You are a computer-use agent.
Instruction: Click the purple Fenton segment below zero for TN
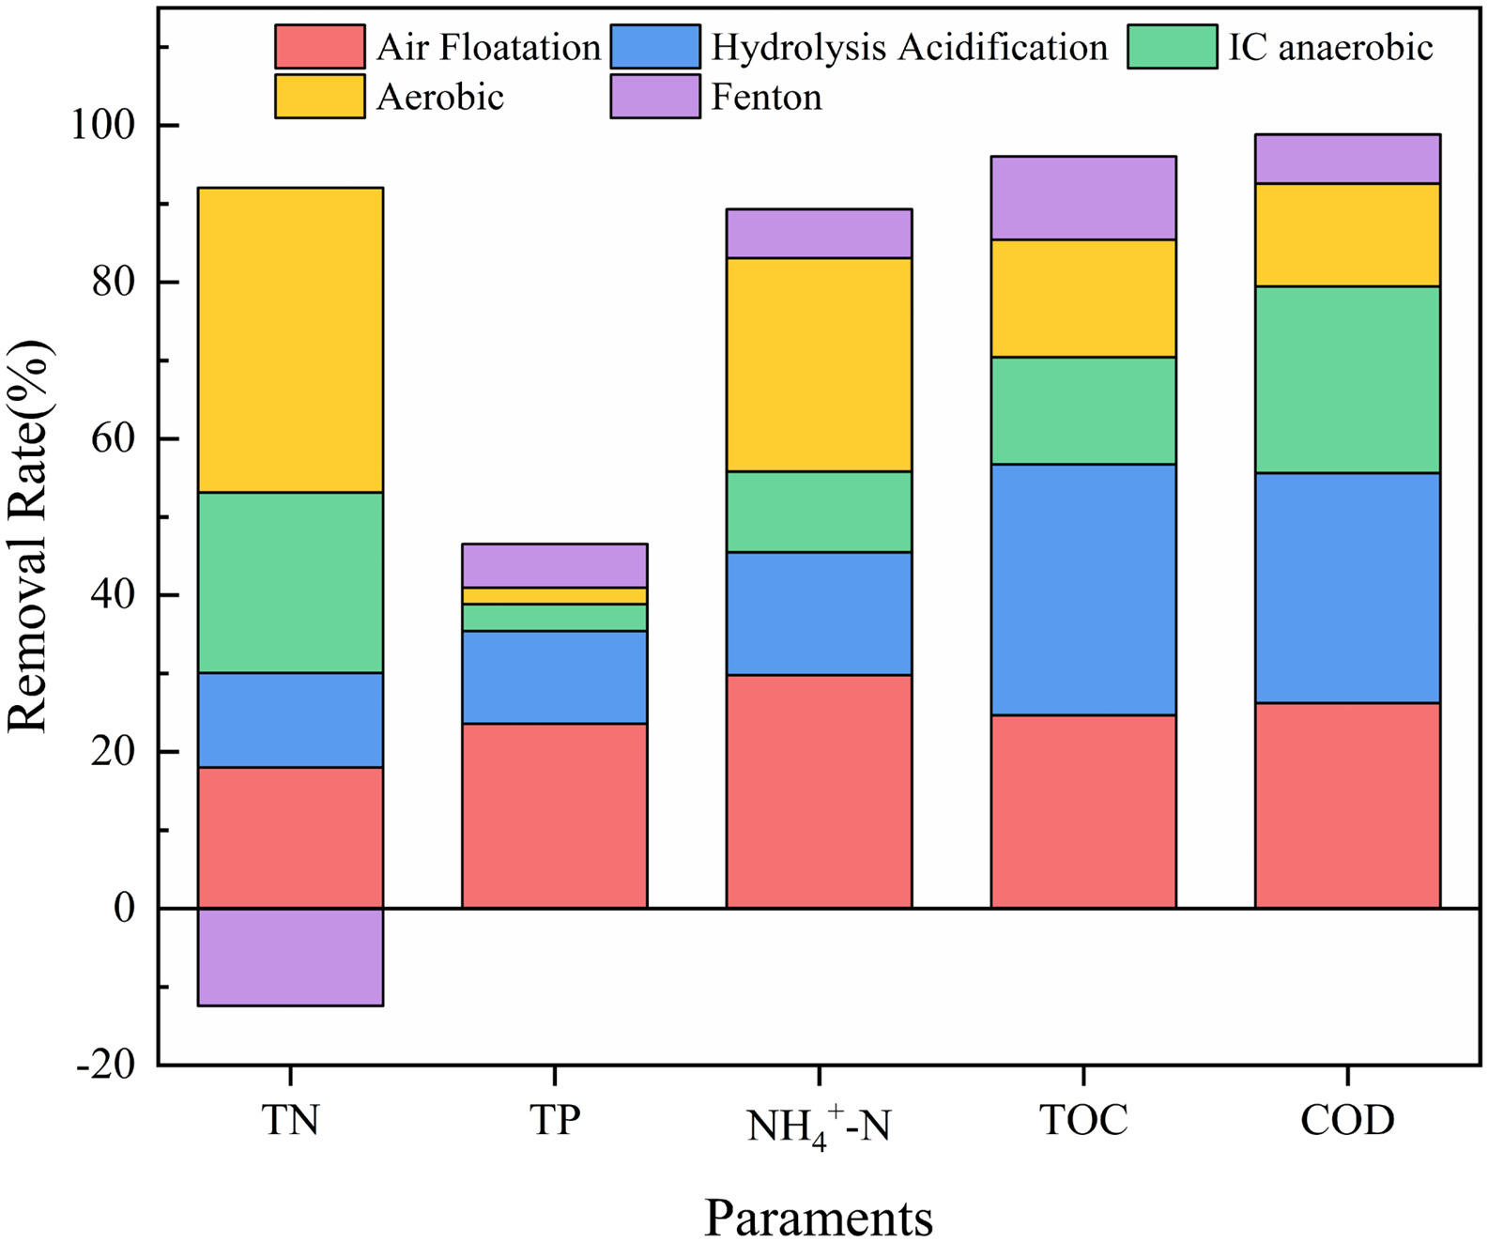click(290, 957)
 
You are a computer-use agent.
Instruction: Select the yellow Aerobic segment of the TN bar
click(290, 340)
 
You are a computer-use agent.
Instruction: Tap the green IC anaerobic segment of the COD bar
click(1347, 379)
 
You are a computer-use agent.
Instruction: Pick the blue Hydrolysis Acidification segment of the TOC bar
click(1083, 590)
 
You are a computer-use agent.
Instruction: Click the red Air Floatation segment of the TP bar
click(554, 815)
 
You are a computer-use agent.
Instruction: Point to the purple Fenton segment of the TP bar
click(554, 565)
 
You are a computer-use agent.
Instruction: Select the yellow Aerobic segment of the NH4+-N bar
click(819, 364)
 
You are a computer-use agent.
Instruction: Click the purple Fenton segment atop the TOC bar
click(1083, 198)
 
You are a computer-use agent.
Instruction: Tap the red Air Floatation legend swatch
click(319, 47)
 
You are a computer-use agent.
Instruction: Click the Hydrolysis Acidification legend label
click(909, 47)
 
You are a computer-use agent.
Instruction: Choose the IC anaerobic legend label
click(1330, 47)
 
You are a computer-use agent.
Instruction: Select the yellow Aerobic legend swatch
click(319, 97)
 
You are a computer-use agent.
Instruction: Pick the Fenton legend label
click(766, 97)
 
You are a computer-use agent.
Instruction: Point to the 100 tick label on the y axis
click(103, 125)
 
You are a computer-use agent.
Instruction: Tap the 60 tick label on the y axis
click(113, 438)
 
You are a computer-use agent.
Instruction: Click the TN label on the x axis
click(290, 1120)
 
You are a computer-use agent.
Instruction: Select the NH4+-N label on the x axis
click(819, 1125)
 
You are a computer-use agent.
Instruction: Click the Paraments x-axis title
click(819, 1218)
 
